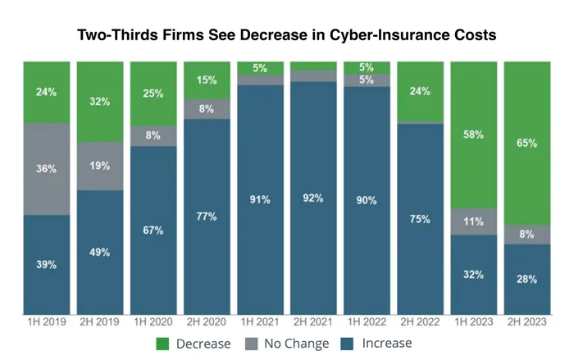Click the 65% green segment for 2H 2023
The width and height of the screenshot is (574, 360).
click(526, 143)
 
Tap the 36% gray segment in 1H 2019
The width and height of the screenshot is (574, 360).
click(46, 168)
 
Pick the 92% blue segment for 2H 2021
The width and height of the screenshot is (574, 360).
click(313, 198)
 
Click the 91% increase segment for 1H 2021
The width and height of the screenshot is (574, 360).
click(260, 199)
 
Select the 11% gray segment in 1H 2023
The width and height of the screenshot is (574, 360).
click(473, 221)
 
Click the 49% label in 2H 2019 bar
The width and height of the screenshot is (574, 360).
click(99, 252)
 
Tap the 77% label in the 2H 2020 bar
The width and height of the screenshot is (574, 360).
click(207, 216)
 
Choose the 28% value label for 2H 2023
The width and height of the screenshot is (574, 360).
click(526, 280)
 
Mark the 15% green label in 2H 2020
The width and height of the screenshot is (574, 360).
click(207, 80)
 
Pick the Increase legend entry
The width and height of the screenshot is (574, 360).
click(385, 344)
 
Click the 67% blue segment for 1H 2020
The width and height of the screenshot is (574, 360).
click(153, 230)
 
